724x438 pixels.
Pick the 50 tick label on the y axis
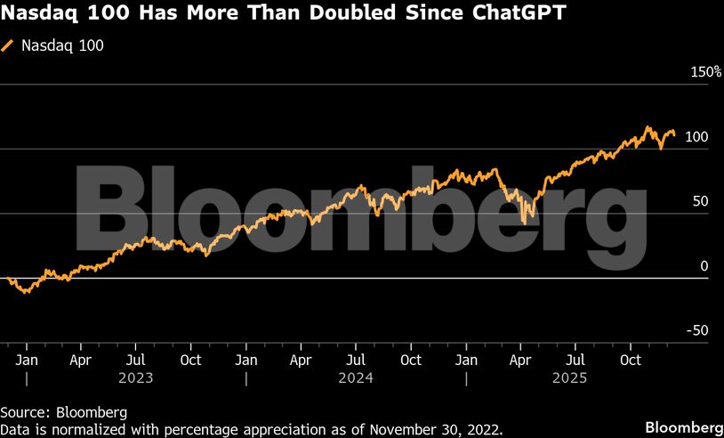click(x=700, y=201)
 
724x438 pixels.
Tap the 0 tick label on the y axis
click(x=704, y=266)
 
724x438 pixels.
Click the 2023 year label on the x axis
click(x=135, y=377)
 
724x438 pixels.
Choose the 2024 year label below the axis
click(x=355, y=377)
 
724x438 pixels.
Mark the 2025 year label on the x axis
click(x=575, y=377)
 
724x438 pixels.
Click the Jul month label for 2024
click(x=355, y=361)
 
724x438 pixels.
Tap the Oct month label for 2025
click(x=630, y=361)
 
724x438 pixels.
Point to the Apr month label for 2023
click(x=81, y=361)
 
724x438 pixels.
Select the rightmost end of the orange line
click(x=674, y=134)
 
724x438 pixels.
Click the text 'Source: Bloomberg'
click(x=64, y=413)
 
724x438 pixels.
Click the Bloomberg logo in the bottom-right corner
click(x=683, y=426)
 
